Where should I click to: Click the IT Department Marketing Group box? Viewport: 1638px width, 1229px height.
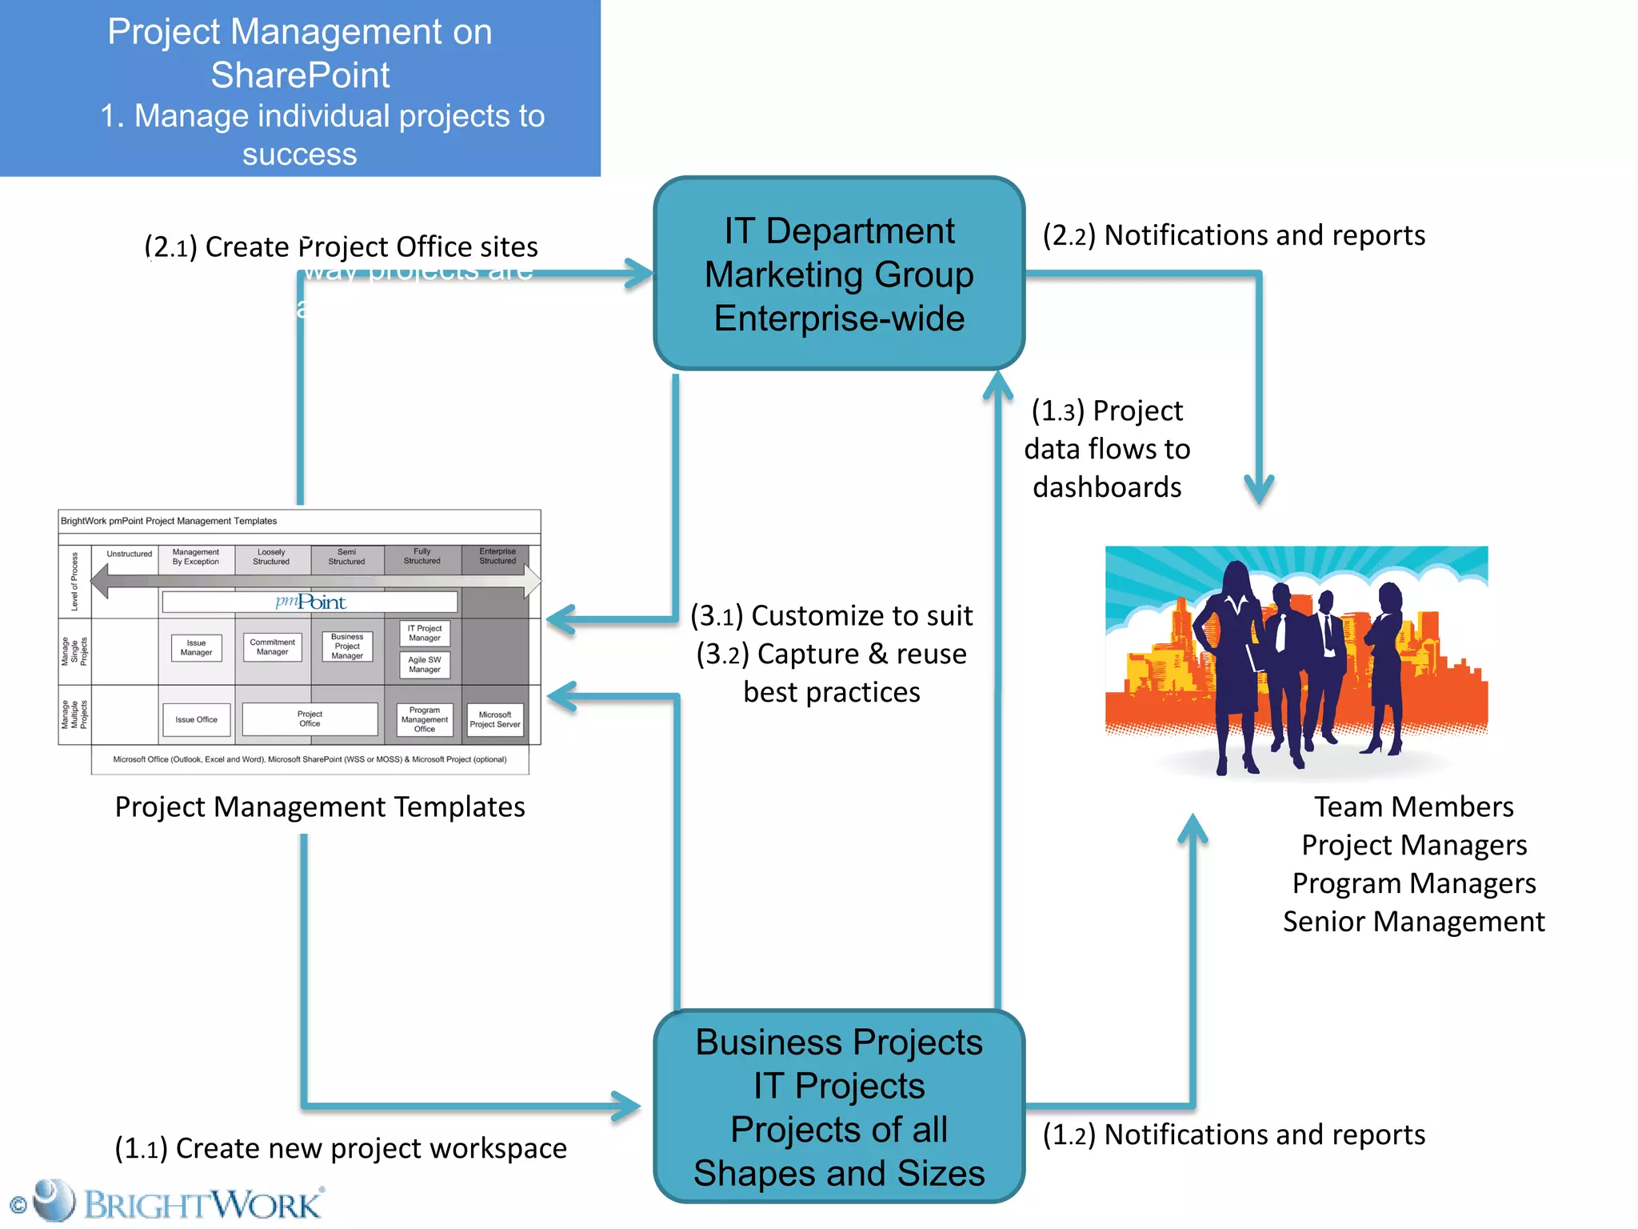click(839, 274)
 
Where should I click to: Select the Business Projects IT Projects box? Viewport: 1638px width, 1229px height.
click(839, 1107)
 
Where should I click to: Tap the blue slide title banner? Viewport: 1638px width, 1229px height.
click(300, 88)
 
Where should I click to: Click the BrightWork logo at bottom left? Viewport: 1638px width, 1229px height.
click(168, 1203)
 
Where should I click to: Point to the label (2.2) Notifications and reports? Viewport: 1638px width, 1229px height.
click(1233, 235)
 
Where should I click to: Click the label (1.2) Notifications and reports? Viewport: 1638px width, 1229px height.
click(1233, 1135)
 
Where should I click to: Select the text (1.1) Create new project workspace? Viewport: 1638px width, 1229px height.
click(341, 1148)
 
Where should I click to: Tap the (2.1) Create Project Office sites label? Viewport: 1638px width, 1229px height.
click(342, 246)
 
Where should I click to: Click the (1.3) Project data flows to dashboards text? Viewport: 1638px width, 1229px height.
click(1107, 449)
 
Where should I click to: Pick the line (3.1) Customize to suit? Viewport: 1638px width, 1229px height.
click(832, 615)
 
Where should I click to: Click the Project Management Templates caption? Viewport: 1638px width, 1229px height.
click(320, 807)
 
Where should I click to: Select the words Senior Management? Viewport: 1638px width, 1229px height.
click(1413, 922)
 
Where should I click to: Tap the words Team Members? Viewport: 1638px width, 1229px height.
click(1413, 807)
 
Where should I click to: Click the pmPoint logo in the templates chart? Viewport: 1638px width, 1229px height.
click(310, 602)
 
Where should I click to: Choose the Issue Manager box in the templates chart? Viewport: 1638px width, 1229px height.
click(196, 647)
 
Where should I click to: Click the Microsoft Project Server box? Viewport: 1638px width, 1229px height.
click(495, 719)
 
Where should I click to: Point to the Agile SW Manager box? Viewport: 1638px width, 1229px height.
click(425, 665)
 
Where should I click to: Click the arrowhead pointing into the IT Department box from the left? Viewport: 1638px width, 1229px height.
click(640, 274)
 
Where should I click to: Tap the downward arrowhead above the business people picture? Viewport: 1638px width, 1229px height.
click(1259, 488)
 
